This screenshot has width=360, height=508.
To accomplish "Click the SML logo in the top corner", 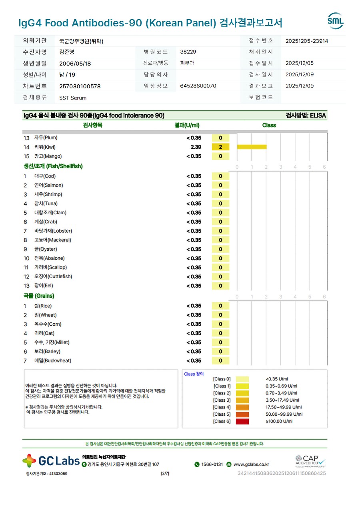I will (x=335, y=21).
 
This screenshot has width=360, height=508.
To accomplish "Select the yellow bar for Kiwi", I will (x=252, y=147).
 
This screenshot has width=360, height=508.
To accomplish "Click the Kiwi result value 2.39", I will (x=196, y=147).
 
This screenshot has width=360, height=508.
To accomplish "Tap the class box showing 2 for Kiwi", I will (x=220, y=147).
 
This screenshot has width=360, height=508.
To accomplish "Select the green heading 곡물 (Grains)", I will (x=39, y=296).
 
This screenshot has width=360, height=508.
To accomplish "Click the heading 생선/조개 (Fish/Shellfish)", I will (x=53, y=166).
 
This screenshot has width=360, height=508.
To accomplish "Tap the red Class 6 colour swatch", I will (x=242, y=421).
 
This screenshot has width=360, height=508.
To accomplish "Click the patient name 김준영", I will (x=66, y=52).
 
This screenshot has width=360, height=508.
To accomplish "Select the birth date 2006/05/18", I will (x=75, y=64).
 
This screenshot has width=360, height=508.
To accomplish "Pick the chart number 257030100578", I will (x=80, y=86).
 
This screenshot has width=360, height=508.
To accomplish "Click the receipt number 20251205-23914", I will (x=307, y=41).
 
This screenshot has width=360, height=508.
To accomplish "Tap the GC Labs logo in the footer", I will (x=51, y=461).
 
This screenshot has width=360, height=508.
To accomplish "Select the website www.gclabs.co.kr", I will (x=251, y=464).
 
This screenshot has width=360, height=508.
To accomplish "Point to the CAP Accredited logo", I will (x=310, y=461).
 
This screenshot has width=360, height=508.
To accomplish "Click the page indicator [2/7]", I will (x=165, y=474).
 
